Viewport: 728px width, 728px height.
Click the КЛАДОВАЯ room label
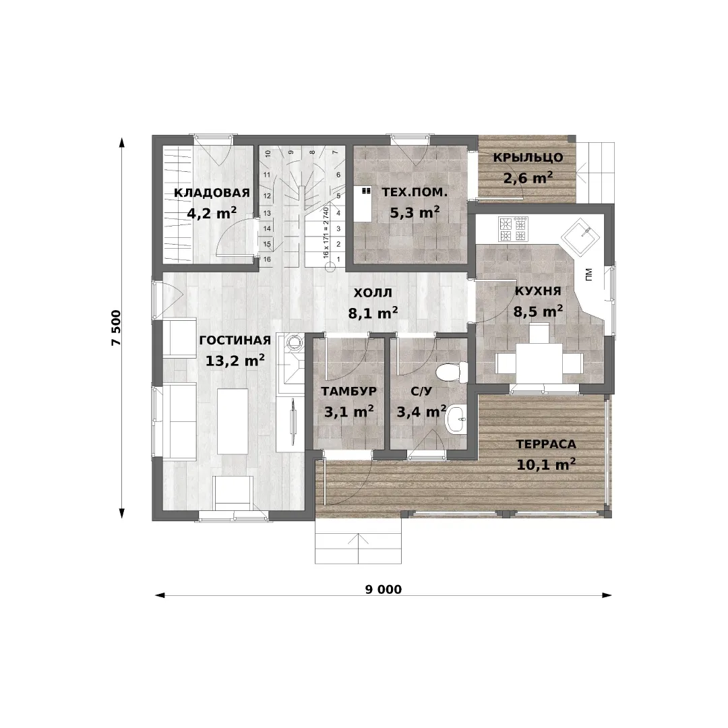pos(212,193)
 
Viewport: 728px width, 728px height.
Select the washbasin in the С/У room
pos(454,420)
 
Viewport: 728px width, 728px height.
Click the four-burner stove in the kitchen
pos(513,229)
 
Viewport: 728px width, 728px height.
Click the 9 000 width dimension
pos(383,590)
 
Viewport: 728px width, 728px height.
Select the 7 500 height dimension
pos(116,328)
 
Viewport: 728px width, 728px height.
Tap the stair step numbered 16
pos(267,259)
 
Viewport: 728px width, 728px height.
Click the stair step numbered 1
pos(338,259)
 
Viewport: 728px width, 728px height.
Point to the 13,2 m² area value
pos(235,360)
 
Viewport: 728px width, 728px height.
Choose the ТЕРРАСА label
pos(546,444)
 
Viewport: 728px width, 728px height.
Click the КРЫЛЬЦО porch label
pos(528,157)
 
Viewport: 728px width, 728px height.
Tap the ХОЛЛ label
pos(373,293)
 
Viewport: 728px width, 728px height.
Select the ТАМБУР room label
pos(348,392)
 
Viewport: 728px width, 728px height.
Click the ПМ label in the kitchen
pos(589,275)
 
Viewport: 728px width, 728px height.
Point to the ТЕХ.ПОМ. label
pos(415,192)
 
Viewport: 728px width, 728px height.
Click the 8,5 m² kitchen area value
pos(538,311)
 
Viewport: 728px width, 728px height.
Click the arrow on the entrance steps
pos(358,548)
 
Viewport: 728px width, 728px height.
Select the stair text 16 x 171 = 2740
pos(326,233)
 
